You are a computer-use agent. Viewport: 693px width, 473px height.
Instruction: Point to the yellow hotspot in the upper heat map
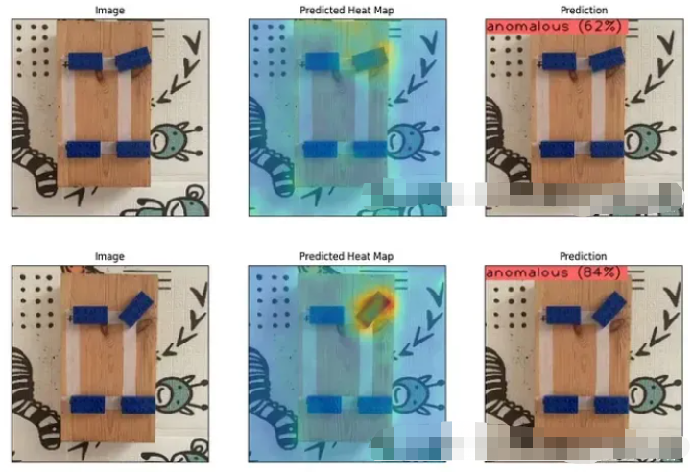(371, 59)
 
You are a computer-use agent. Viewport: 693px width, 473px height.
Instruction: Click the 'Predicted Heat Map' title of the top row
(346, 11)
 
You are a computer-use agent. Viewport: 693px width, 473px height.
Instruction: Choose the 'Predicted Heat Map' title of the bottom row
(346, 256)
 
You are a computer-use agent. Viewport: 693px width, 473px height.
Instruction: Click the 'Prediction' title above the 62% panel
(584, 10)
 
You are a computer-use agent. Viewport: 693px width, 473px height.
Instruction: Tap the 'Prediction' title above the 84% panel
(584, 256)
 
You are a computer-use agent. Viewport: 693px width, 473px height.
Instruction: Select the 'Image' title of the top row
(109, 11)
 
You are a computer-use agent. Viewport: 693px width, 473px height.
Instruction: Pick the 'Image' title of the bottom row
(109, 256)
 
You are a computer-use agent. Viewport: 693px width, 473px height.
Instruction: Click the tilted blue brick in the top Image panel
(133, 59)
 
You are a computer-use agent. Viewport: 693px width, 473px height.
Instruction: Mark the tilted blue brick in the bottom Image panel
(136, 309)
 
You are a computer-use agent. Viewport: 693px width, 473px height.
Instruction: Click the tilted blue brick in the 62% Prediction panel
(607, 59)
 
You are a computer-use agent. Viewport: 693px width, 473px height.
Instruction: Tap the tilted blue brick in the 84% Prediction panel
(609, 309)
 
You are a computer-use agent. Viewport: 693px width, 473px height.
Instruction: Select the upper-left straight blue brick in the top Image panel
(84, 61)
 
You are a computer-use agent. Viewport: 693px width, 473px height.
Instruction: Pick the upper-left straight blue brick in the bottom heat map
(326, 316)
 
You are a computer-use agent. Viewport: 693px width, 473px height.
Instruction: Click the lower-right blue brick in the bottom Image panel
(138, 405)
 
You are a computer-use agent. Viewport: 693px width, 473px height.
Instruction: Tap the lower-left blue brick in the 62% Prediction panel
(558, 150)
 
